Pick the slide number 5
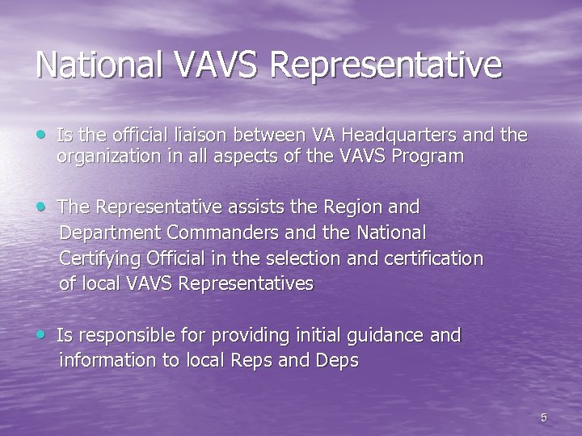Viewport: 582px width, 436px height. click(x=543, y=417)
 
